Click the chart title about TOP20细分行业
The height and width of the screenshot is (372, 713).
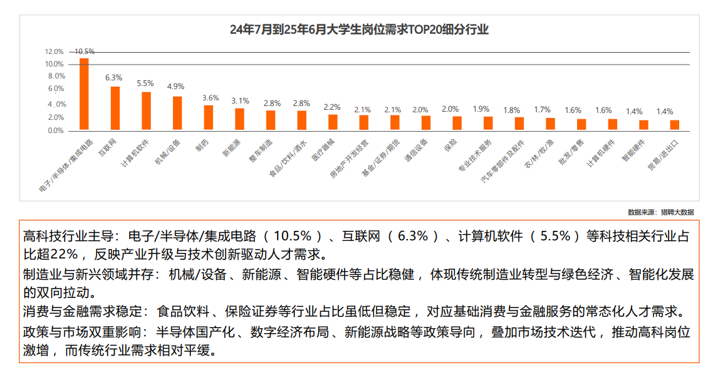click(x=359, y=29)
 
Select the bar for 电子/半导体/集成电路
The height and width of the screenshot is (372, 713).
click(x=84, y=94)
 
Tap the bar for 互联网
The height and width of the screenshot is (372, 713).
click(x=115, y=109)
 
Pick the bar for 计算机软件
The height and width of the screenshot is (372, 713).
click(x=146, y=111)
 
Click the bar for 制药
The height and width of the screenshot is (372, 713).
click(x=208, y=118)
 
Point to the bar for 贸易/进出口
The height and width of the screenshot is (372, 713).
click(x=674, y=125)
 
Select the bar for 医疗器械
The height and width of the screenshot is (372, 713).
click(x=333, y=122)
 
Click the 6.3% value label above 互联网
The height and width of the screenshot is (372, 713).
click(x=113, y=78)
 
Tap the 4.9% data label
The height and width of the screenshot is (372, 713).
click(x=175, y=87)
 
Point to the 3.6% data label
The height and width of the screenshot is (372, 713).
click(x=211, y=98)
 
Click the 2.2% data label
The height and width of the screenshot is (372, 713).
click(x=332, y=107)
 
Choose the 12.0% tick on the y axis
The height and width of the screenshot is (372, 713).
click(x=55, y=51)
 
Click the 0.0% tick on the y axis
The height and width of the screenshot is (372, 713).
click(x=56, y=130)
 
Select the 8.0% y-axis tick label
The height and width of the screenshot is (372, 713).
click(x=56, y=76)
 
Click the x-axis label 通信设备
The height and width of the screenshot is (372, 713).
click(x=417, y=151)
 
